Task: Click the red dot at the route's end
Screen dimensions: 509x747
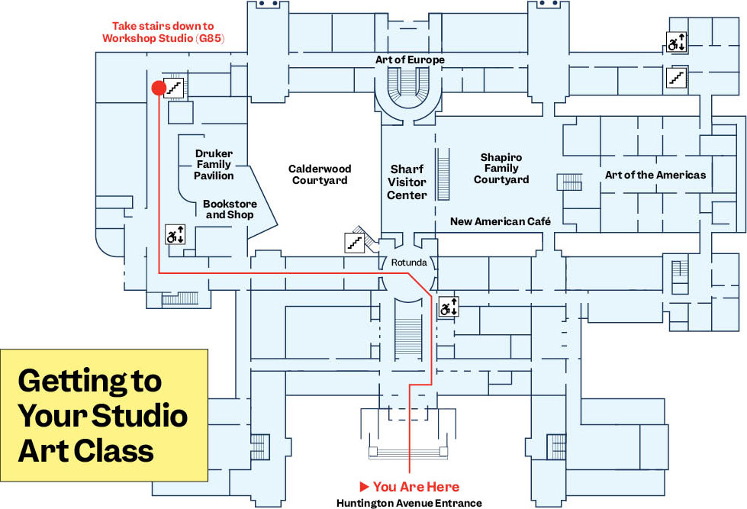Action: click(159, 89)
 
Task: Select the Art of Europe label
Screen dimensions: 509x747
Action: click(410, 60)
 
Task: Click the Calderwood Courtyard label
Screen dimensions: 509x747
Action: click(318, 175)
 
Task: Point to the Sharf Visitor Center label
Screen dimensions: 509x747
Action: click(407, 182)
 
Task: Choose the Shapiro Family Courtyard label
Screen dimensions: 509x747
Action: click(501, 169)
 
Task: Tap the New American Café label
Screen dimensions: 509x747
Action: click(501, 221)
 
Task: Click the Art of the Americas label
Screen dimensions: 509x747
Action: click(655, 175)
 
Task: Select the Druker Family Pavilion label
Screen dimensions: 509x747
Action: click(214, 165)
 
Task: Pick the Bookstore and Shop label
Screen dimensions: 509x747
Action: click(230, 210)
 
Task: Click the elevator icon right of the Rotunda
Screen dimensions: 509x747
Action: click(448, 308)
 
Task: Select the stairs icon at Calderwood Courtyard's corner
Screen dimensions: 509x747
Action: click(354, 242)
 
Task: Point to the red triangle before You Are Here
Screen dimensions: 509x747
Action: click(365, 486)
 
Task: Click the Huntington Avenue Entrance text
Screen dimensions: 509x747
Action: click(409, 503)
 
